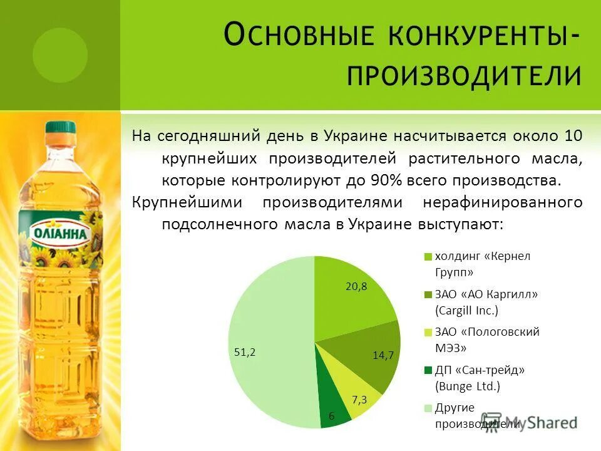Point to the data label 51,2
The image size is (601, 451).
(245, 352)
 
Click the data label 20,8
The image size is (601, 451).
(356, 286)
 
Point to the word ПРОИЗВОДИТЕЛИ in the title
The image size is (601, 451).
(463, 76)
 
